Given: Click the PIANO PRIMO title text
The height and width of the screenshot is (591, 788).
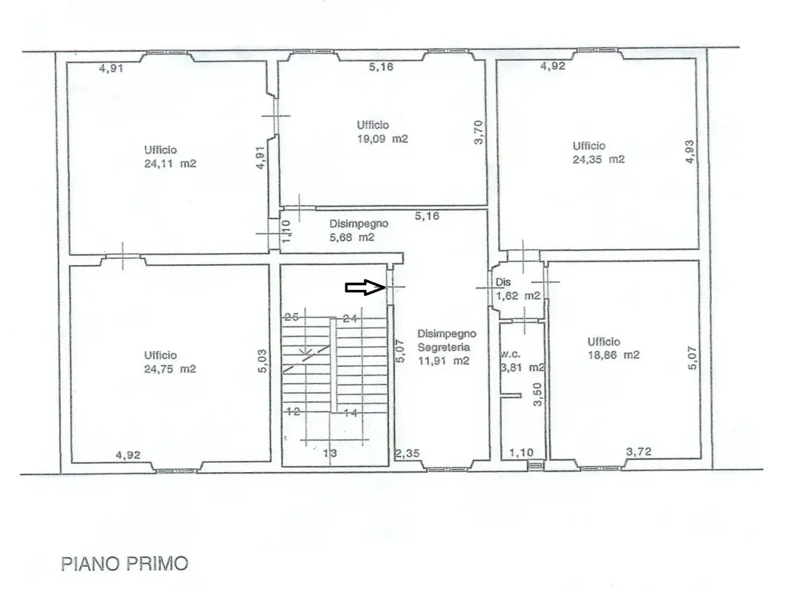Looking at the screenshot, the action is click(x=124, y=564).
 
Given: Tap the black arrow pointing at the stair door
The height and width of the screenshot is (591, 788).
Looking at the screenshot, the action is click(x=365, y=287).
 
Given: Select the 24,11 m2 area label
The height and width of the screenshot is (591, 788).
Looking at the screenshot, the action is click(x=170, y=164).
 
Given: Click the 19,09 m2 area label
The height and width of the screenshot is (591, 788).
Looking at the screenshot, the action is click(x=382, y=139).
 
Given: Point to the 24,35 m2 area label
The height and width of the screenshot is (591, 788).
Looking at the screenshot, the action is click(x=598, y=159).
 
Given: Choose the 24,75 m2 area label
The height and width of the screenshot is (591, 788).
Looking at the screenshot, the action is click(x=170, y=369).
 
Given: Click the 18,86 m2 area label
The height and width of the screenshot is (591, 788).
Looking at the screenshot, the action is click(x=614, y=355).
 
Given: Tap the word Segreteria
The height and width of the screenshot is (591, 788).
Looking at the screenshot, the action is click(x=444, y=347).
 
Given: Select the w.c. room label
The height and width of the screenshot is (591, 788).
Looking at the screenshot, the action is click(x=510, y=354).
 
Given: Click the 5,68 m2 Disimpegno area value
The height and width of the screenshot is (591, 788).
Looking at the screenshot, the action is click(x=352, y=237).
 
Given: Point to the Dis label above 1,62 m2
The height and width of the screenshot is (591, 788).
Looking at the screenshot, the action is click(x=503, y=282).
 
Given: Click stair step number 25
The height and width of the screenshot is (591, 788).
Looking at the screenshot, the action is click(x=292, y=317).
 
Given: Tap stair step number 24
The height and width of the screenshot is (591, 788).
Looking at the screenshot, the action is click(x=350, y=318).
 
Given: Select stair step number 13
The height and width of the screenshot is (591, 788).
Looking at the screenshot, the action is click(x=330, y=453).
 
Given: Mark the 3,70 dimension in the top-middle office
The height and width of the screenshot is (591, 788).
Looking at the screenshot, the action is click(x=478, y=132).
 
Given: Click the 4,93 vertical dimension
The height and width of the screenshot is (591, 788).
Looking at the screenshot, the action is click(x=690, y=152).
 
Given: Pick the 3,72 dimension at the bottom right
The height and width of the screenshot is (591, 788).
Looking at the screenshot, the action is click(x=638, y=451).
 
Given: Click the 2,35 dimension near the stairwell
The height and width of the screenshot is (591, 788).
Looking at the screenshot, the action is click(x=407, y=453).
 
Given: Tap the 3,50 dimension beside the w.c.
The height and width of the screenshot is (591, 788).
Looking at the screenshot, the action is click(x=537, y=395).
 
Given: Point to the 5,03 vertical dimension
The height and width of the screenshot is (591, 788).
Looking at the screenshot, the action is click(x=263, y=361).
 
